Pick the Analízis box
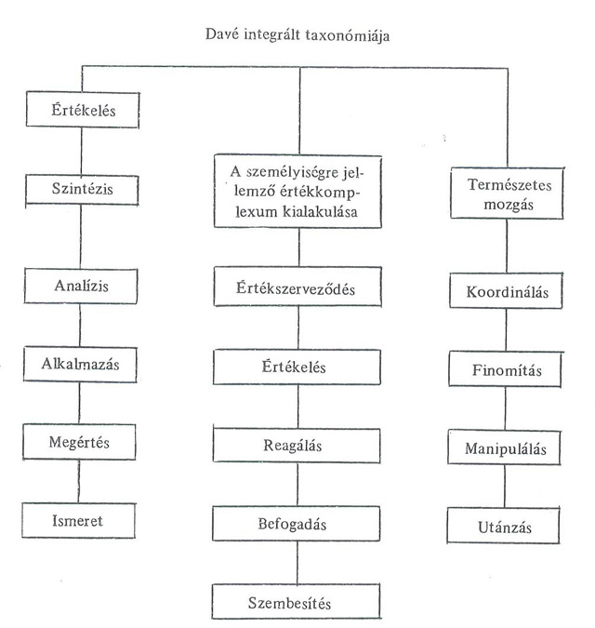coord(83,287)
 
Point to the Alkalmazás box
coord(83,363)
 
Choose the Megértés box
coord(83,442)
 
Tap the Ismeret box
coord(83,520)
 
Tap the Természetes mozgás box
coord(506,193)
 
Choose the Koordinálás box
coord(506,293)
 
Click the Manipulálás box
coord(506,450)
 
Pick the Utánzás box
coord(506,528)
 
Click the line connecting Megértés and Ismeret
coord(82,481)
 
